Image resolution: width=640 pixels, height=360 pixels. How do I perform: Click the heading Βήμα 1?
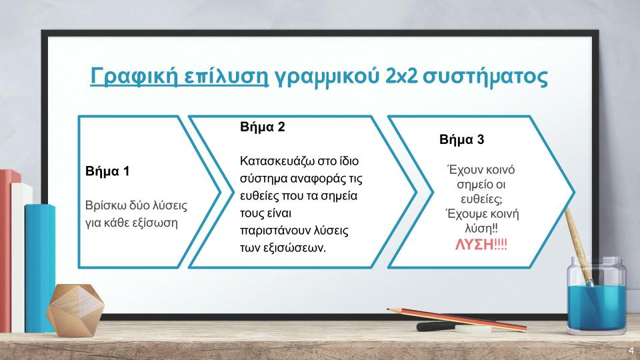[x=107, y=171]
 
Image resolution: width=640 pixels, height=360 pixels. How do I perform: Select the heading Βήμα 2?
[x=263, y=127]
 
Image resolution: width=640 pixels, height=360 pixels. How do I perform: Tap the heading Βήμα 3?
[x=461, y=139]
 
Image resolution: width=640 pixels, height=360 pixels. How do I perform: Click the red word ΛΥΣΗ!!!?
[x=481, y=245]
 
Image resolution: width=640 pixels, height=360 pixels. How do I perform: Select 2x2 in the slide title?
[x=401, y=76]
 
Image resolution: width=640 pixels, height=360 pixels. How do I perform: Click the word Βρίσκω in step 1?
[x=104, y=205]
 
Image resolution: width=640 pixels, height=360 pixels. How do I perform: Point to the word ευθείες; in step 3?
[x=481, y=199]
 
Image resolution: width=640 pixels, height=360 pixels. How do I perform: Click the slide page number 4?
[x=631, y=351]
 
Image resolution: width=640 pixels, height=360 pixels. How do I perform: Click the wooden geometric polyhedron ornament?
[x=75, y=310]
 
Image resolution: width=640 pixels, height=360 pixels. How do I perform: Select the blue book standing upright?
[x=39, y=268]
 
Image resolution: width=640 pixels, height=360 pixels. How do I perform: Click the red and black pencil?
[x=457, y=319]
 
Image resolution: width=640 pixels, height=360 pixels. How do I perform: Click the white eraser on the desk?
[x=473, y=329]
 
